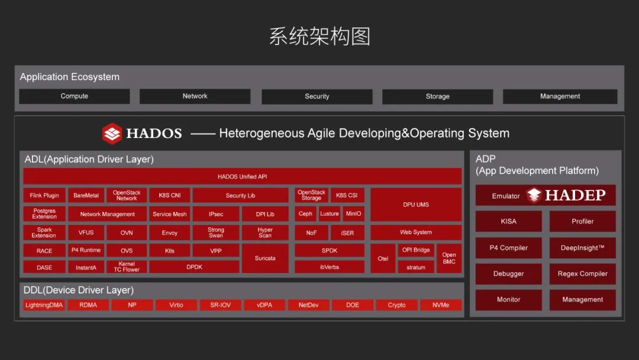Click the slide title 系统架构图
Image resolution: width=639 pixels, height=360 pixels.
point(319,36)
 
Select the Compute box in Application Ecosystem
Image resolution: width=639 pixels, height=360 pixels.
point(74,97)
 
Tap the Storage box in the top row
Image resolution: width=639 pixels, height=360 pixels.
point(437,97)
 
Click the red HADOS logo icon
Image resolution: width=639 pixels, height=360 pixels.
point(112,133)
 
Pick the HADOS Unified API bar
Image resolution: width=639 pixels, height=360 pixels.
point(242,176)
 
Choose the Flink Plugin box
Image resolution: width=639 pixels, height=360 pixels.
point(44,195)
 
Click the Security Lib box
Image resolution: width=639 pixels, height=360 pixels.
point(240,195)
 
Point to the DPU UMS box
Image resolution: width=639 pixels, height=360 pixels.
point(416,205)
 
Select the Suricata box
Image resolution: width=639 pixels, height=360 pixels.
point(265,258)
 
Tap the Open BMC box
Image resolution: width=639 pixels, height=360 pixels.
point(448,258)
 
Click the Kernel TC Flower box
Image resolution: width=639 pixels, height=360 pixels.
point(127,266)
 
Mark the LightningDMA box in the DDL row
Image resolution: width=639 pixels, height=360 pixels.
point(44,305)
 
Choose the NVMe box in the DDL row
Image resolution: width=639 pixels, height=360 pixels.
point(441,305)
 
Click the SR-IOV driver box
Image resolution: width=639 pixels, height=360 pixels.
point(221,305)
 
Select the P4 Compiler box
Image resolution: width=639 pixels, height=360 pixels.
point(509,248)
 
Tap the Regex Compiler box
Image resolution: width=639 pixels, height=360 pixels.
point(582,274)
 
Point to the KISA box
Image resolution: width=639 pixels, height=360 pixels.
point(509,221)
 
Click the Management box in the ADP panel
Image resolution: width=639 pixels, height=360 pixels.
point(582,300)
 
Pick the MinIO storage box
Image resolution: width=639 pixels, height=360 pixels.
point(353,214)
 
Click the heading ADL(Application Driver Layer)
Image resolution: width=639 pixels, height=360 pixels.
point(89,159)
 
